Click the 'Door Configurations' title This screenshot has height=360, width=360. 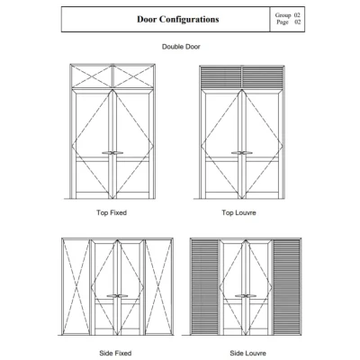click(178, 19)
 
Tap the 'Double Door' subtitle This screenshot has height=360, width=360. click(181, 47)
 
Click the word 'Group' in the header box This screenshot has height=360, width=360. click(283, 15)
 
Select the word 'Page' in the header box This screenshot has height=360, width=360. click(283, 22)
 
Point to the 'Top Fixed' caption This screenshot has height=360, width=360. click(112, 212)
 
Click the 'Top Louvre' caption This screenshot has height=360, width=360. click(238, 212)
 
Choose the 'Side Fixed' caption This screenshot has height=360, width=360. click(115, 353)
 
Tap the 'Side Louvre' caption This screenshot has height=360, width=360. click(247, 353)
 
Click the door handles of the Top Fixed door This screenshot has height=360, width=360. click(112, 153)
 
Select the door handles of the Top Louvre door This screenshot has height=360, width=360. click(242, 153)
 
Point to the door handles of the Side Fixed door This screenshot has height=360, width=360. click(117, 296)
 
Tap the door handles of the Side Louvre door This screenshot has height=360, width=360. click(246, 296)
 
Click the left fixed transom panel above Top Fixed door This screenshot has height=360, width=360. click(91, 76)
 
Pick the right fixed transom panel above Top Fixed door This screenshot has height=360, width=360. click(133, 76)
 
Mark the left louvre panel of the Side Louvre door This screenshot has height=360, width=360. click(205, 287)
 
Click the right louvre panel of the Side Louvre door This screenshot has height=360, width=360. click(287, 287)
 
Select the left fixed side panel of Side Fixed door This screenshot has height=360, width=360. click(76, 287)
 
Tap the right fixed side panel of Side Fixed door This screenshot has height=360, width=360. click(158, 287)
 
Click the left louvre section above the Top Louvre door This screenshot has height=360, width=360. click(220, 77)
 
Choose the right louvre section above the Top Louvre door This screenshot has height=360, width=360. click(263, 77)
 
